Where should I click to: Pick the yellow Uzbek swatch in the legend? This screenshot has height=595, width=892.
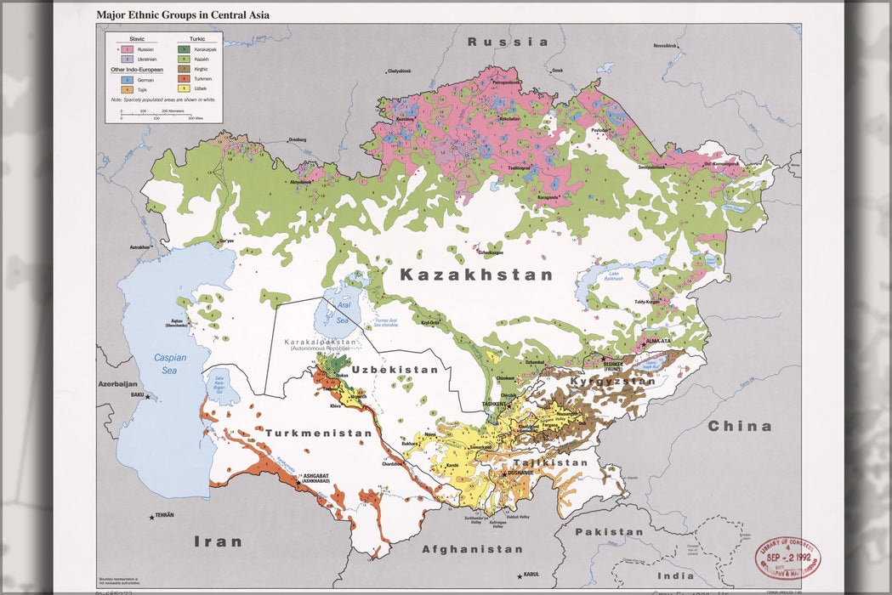coord(184,88)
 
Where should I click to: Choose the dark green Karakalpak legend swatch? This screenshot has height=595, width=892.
coord(184,50)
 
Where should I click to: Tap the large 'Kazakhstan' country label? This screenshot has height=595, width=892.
coord(476,275)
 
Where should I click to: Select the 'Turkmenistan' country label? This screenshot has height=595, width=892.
coord(319,433)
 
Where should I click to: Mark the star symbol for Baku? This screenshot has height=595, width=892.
coord(147,396)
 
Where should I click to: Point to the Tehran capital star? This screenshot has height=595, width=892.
coord(153,516)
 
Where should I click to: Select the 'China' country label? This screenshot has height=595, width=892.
coord(740,426)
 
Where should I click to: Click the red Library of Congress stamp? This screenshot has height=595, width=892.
coord(787,558)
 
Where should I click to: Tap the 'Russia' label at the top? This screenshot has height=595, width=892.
coord(508,42)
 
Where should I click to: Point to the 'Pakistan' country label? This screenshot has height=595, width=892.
coord(609,532)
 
